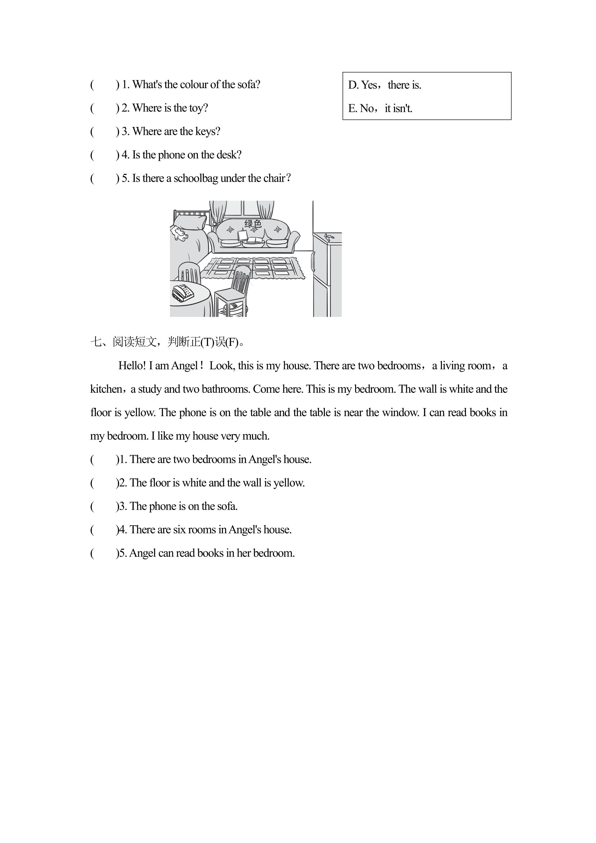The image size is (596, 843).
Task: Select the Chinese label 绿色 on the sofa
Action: coord(253,224)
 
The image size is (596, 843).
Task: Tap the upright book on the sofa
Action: coord(242,235)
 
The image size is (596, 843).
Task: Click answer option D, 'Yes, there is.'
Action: coord(385,85)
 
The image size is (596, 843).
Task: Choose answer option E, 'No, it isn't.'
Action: coord(380,108)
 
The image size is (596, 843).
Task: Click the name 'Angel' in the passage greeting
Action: coord(185,366)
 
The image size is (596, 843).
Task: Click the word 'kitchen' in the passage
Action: coord(106,389)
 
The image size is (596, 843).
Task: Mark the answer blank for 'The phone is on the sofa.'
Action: coord(104,506)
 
